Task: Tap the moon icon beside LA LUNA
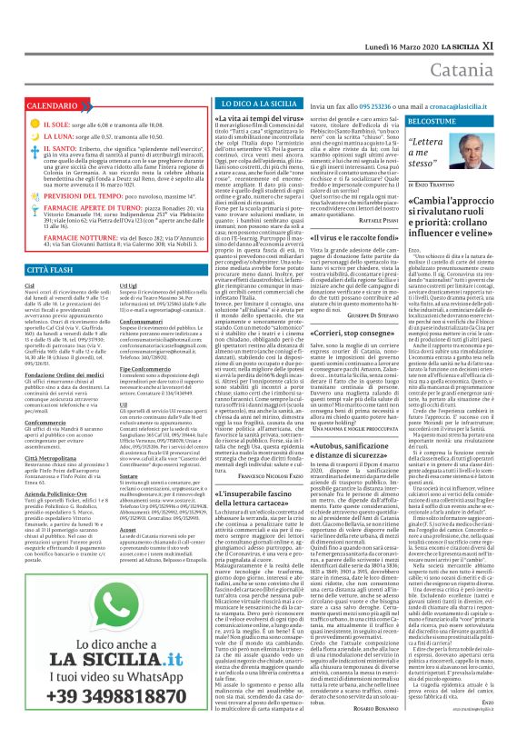pos(35,136)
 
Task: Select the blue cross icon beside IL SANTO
pos(35,150)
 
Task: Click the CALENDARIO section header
pos(59,106)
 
